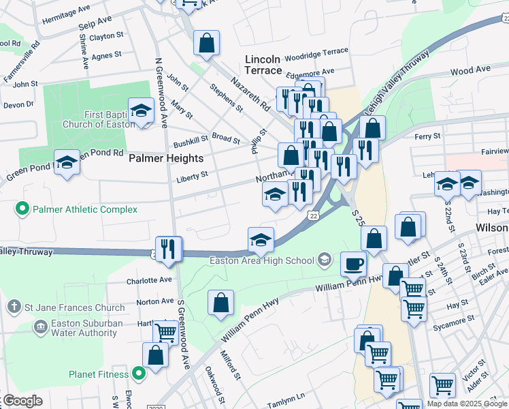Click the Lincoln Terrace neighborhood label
(263, 65)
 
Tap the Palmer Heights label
(166, 158)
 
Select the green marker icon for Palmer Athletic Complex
(22, 209)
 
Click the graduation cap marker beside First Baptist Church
(141, 111)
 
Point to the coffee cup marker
(352, 264)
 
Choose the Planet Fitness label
(99, 374)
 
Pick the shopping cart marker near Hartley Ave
(165, 333)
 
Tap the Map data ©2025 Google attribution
(466, 404)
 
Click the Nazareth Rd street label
(250, 93)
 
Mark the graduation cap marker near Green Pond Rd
(67, 163)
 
